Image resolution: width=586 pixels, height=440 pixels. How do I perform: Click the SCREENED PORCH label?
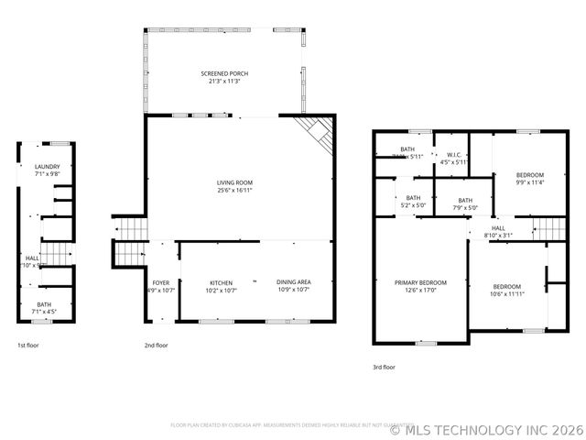(x=224, y=73)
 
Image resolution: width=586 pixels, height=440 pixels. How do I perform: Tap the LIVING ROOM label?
(x=234, y=182)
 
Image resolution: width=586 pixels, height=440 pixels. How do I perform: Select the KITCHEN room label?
(x=221, y=282)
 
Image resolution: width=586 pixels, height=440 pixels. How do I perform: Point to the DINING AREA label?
(x=293, y=282)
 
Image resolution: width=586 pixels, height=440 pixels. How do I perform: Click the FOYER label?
(x=161, y=282)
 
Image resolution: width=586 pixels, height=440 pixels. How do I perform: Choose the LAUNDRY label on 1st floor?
(x=47, y=166)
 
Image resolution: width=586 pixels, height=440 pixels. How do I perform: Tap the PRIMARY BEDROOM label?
(x=420, y=282)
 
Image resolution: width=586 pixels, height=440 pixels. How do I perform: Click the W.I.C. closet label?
(x=453, y=155)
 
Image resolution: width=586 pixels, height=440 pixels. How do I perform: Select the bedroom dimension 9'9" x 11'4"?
(x=529, y=181)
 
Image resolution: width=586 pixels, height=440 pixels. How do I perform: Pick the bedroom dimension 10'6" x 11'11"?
(x=506, y=294)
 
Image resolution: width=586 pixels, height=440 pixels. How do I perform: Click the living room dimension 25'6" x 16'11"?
(x=234, y=191)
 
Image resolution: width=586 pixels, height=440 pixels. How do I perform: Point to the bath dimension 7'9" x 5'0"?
(x=465, y=208)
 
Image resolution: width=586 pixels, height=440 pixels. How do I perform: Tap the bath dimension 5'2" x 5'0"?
(x=414, y=205)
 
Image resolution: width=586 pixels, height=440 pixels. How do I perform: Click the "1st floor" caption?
(x=28, y=346)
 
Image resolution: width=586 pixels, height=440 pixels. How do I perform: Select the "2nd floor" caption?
(x=156, y=346)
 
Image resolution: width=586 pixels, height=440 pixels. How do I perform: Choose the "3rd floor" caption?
(x=384, y=366)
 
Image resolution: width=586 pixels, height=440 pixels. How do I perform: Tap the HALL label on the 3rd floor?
(x=498, y=227)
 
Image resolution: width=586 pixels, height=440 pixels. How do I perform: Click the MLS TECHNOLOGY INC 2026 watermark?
(x=487, y=427)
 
